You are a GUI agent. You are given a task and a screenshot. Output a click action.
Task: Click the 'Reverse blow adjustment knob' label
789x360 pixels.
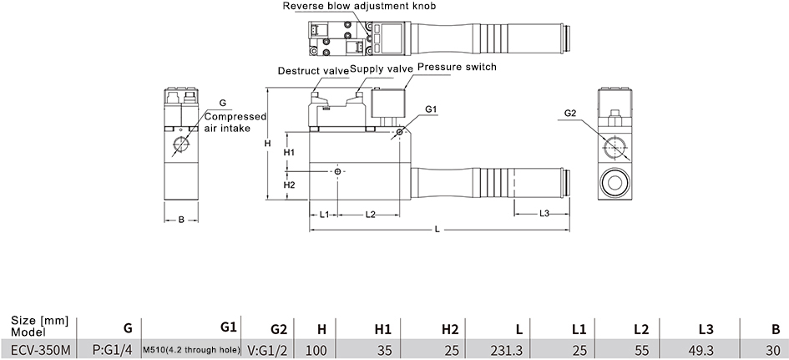[359, 6]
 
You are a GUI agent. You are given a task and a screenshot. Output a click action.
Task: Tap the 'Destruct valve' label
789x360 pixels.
[313, 71]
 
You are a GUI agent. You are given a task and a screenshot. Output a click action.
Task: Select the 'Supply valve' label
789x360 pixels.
[382, 68]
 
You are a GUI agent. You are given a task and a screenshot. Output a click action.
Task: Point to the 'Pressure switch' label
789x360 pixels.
[457, 67]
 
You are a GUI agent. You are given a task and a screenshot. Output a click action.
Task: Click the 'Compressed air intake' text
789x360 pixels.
[235, 122]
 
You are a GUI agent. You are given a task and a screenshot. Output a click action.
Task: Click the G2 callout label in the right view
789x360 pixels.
[569, 114]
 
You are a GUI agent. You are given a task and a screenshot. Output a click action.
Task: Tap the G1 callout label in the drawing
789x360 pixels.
[431, 109]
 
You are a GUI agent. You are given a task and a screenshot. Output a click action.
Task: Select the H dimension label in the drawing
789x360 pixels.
[268, 144]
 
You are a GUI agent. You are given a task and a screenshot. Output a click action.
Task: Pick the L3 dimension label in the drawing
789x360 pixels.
[544, 214]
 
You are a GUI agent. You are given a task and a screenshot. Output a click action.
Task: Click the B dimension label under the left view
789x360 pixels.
[182, 220]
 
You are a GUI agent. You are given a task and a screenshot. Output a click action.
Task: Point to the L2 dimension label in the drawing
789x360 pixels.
[371, 215]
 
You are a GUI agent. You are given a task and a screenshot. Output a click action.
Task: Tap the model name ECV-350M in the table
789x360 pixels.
[41, 349]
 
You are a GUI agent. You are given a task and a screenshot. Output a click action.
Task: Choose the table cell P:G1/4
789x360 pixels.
[113, 349]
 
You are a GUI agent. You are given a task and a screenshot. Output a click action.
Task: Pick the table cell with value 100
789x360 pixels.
[316, 349]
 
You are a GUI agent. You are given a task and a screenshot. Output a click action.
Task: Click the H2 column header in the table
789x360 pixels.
[450, 330]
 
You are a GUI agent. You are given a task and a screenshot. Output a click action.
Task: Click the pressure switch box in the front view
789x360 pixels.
[387, 104]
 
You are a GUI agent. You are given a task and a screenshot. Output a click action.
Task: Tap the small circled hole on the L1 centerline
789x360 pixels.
[337, 172]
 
